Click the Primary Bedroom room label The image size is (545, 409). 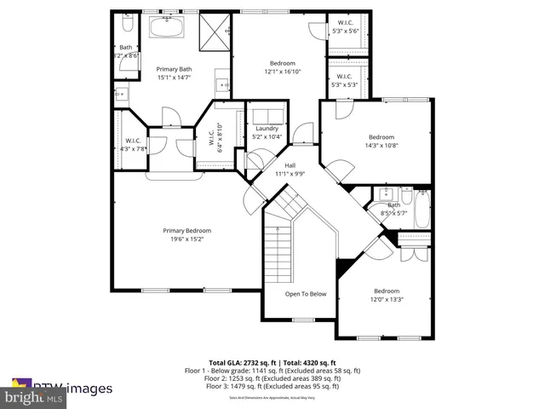click(187, 230)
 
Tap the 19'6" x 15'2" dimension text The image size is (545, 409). click(187, 239)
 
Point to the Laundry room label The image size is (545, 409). click(267, 129)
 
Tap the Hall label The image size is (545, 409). click(290, 165)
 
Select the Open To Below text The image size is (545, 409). click(305, 294)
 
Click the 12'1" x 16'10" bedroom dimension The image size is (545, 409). click(283, 72)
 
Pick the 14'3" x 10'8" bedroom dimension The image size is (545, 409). click(381, 146)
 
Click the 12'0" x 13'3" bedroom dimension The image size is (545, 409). click(386, 299)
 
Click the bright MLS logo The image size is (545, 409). click(34, 397)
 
